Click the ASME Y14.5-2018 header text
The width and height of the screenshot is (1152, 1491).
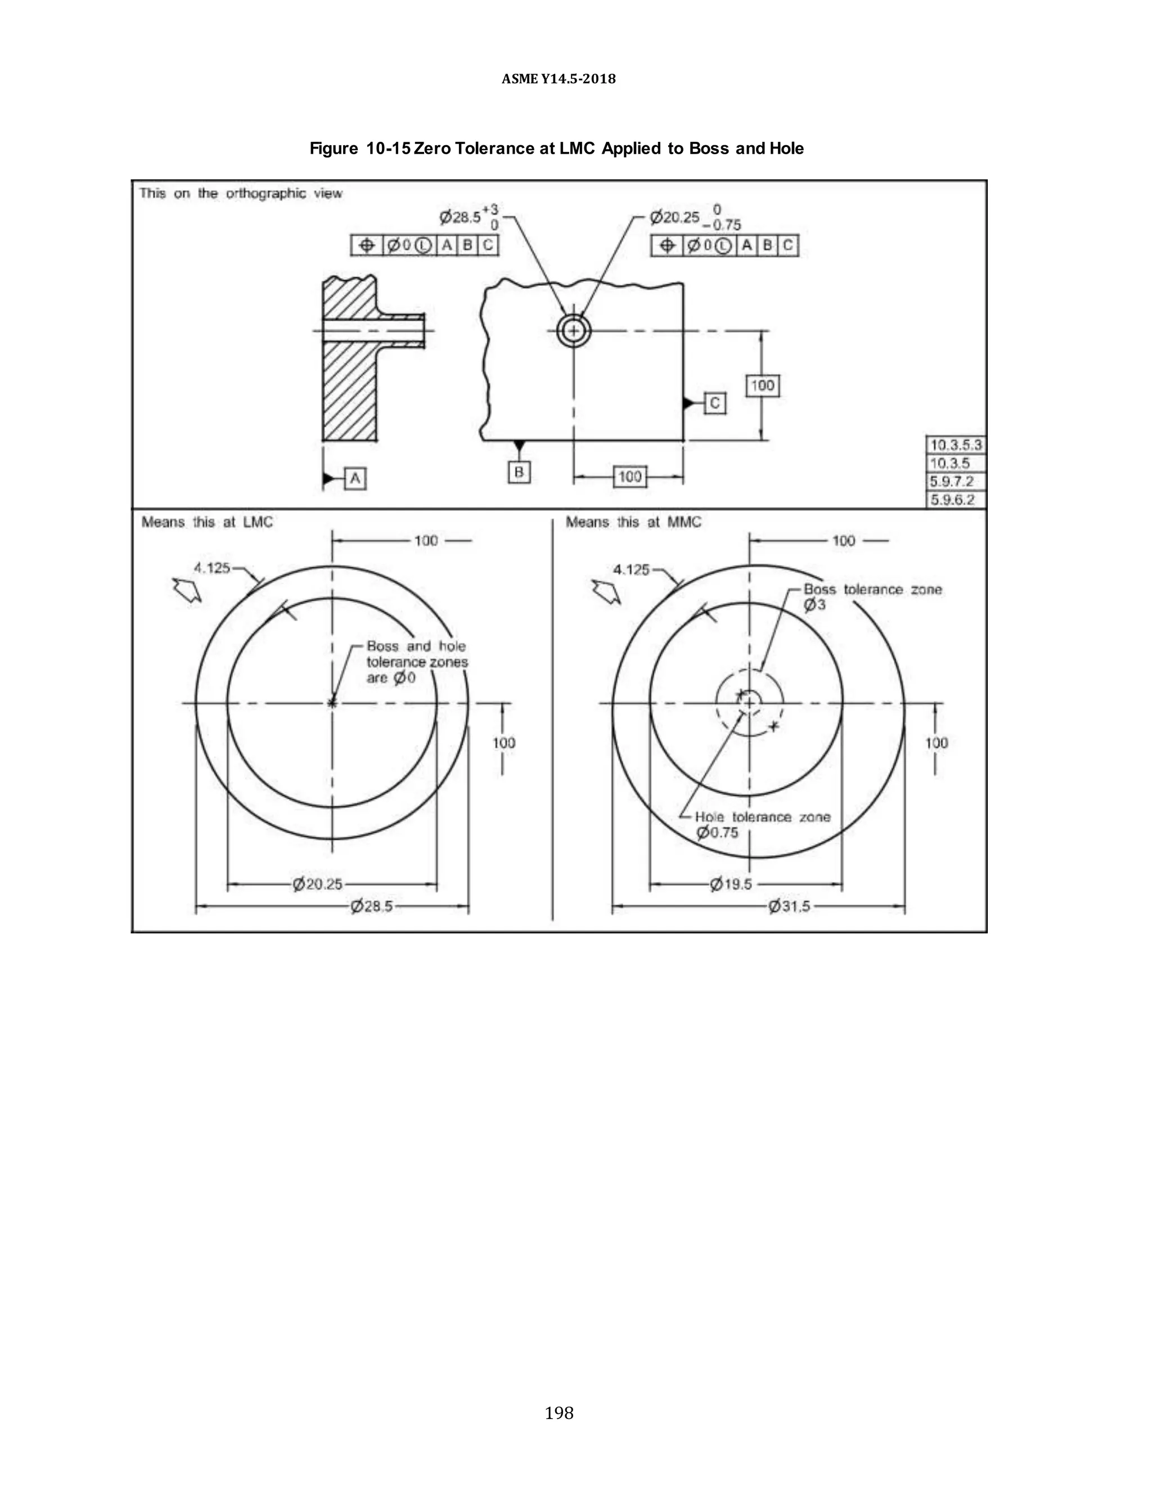click(x=558, y=79)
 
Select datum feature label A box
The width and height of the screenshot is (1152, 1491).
click(x=355, y=479)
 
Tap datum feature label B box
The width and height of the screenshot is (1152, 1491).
click(x=519, y=471)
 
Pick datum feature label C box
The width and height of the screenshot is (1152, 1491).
click(x=714, y=403)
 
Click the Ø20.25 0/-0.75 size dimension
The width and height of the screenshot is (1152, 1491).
click(x=695, y=217)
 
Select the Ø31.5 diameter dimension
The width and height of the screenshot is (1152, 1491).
click(x=789, y=906)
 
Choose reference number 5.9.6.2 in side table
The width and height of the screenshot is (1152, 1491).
click(x=953, y=500)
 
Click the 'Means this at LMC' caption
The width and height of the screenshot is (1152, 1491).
click(x=207, y=522)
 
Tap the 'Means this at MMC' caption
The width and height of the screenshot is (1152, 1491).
click(x=633, y=522)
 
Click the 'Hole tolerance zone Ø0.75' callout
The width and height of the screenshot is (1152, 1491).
click(x=762, y=825)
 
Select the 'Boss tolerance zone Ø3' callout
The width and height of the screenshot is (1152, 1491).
click(x=871, y=596)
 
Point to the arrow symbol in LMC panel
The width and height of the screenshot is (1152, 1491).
click(x=187, y=589)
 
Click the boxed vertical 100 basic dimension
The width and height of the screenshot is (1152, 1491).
click(x=762, y=386)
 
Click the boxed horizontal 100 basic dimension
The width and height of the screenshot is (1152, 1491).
click(x=629, y=477)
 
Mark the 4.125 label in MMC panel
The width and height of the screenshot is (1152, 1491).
click(x=631, y=569)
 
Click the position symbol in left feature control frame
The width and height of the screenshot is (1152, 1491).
click(x=367, y=245)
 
